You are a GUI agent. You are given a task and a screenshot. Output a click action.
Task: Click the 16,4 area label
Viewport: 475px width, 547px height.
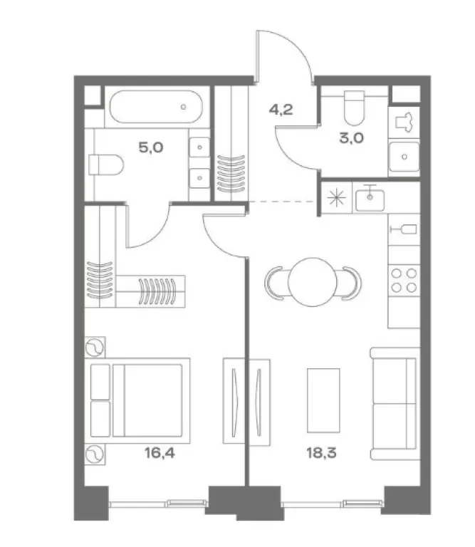(160, 453)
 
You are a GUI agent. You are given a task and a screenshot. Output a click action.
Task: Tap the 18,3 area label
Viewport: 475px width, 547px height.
(321, 453)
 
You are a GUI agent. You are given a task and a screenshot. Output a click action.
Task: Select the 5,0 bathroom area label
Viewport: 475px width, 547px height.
(151, 147)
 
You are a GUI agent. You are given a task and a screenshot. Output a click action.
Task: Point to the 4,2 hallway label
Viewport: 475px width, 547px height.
(281, 110)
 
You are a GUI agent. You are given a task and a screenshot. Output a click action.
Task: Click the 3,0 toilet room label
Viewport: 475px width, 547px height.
(351, 137)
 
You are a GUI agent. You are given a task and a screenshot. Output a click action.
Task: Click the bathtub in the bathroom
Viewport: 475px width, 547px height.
(156, 107)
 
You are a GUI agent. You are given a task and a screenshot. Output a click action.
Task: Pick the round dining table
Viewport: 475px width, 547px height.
(313, 282)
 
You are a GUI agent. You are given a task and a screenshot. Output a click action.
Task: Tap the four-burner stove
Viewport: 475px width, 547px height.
(404, 281)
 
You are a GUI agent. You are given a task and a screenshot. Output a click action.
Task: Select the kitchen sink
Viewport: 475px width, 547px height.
(370, 199)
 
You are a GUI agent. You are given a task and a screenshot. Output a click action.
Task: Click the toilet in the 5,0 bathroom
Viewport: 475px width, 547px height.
(106, 165)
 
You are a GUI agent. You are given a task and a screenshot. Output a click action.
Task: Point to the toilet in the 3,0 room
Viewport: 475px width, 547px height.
(354, 108)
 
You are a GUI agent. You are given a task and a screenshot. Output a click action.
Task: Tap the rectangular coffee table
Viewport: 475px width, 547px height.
(323, 400)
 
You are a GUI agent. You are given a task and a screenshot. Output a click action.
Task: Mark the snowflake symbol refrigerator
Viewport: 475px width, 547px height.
(337, 198)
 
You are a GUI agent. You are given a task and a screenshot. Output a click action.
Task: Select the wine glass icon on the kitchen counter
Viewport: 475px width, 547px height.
(404, 229)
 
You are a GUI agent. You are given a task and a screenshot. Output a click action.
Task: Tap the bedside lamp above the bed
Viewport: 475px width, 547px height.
(95, 348)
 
